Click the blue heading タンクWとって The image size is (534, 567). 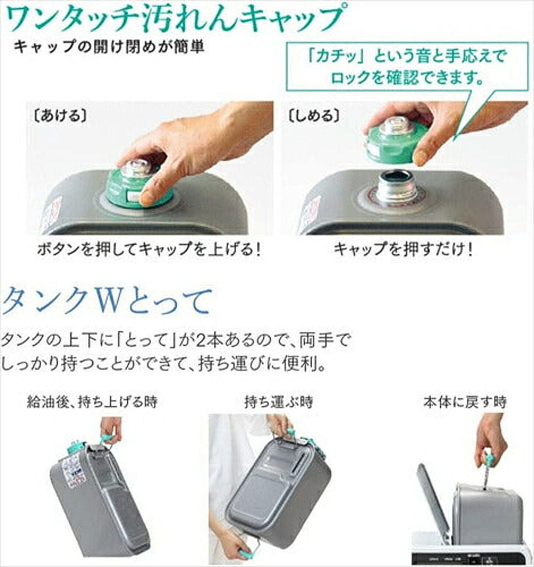pyautogui.click(x=107, y=301)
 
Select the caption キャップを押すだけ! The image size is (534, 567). pyautogui.click(x=403, y=250)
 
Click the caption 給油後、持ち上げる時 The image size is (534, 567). pyautogui.click(x=92, y=401)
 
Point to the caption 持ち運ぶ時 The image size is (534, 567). pyautogui.click(x=279, y=401)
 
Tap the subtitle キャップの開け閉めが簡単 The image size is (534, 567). pyautogui.click(x=108, y=48)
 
